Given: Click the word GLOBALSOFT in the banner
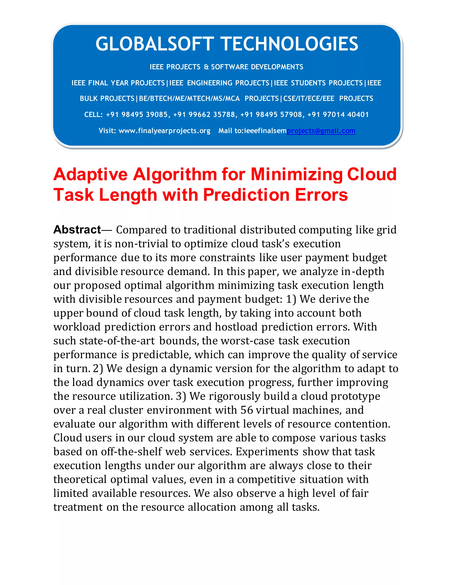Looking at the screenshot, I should click(154, 44).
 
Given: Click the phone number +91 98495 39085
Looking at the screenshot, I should click(137, 115).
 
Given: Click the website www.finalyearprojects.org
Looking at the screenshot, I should click(164, 131).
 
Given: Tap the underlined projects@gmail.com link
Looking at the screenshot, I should click(321, 131).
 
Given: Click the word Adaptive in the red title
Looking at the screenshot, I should click(90, 175).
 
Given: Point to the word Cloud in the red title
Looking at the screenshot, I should click(372, 175).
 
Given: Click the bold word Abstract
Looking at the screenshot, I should click(77, 230).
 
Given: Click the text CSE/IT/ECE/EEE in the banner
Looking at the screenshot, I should click(309, 99).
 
